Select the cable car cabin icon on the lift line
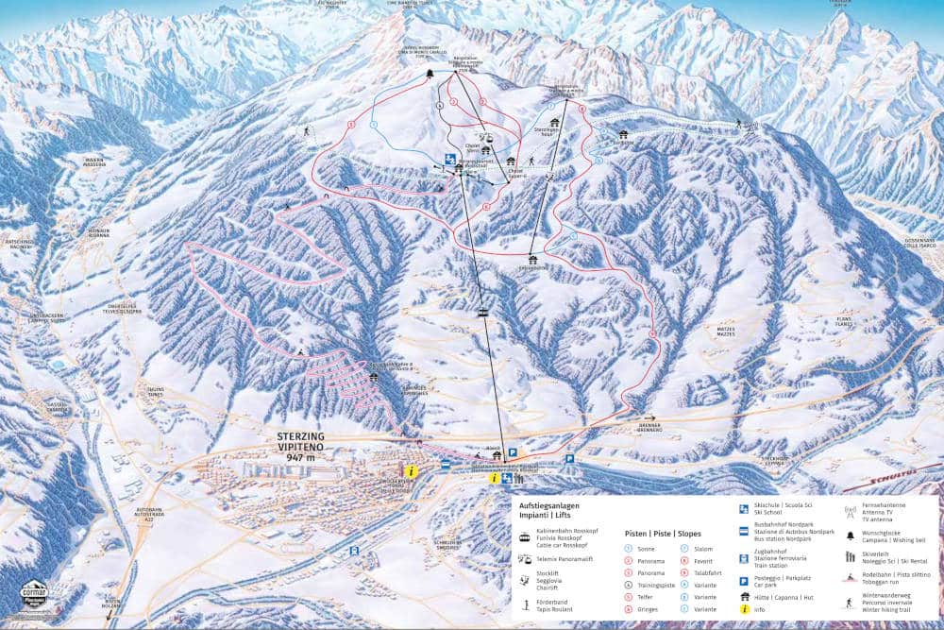pyautogui.click(x=482, y=313)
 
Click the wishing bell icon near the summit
pyautogui.click(x=430, y=74)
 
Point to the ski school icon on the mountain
pyautogui.click(x=450, y=157)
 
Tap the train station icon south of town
pyautogui.click(x=354, y=550)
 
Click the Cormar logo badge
pyautogui.click(x=34, y=597)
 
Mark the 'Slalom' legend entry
pyautogui.click(x=702, y=548)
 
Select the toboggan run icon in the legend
pyautogui.click(x=850, y=577)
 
